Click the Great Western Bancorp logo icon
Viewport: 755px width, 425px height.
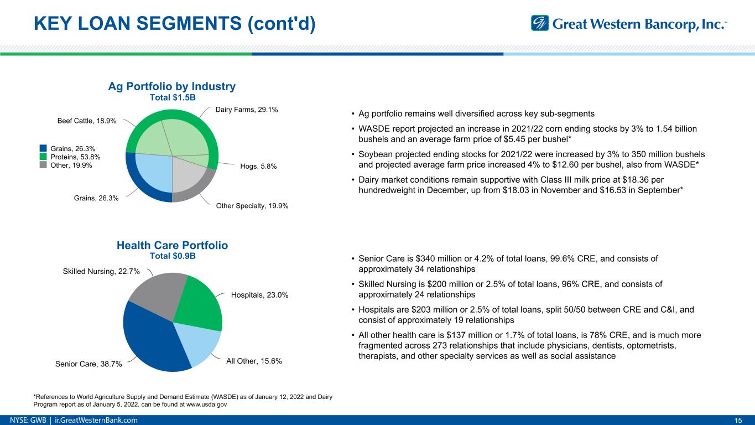point(540,23)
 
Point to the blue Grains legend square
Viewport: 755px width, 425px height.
point(44,148)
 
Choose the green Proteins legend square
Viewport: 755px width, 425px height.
point(44,157)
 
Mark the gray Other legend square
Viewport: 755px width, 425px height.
point(44,165)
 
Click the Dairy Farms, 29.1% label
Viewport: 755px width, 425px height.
point(246,110)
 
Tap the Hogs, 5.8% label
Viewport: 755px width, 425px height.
point(258,166)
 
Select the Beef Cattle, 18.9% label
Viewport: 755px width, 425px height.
point(87,121)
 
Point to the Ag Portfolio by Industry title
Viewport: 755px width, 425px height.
point(173,86)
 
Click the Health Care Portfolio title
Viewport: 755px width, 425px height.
point(173,245)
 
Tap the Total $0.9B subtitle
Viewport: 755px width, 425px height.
point(173,256)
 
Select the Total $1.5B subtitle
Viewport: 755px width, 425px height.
point(173,97)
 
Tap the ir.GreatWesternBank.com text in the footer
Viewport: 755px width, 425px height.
point(100,420)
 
